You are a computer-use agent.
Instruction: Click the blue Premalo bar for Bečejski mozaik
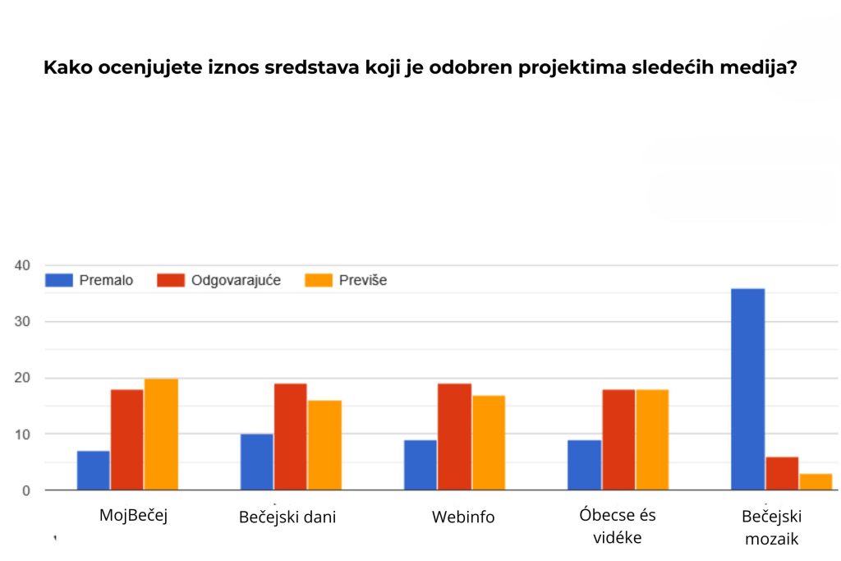[747, 389]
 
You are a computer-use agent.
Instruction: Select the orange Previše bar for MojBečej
[161, 435]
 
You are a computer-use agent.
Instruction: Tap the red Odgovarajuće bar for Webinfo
[454, 437]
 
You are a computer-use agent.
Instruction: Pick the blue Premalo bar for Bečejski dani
[257, 462]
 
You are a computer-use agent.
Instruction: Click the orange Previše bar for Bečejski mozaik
[816, 481]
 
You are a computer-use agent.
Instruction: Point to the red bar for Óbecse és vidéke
[618, 439]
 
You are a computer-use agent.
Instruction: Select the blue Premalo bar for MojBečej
[94, 470]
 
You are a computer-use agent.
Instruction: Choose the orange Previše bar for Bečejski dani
[324, 445]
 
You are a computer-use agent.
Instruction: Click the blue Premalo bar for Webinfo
[420, 465]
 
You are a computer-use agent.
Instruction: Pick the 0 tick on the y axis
[25, 490]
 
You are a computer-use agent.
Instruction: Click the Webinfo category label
[463, 517]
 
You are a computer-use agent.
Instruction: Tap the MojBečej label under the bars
[133, 515]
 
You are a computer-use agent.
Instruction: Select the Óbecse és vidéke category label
[618, 527]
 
